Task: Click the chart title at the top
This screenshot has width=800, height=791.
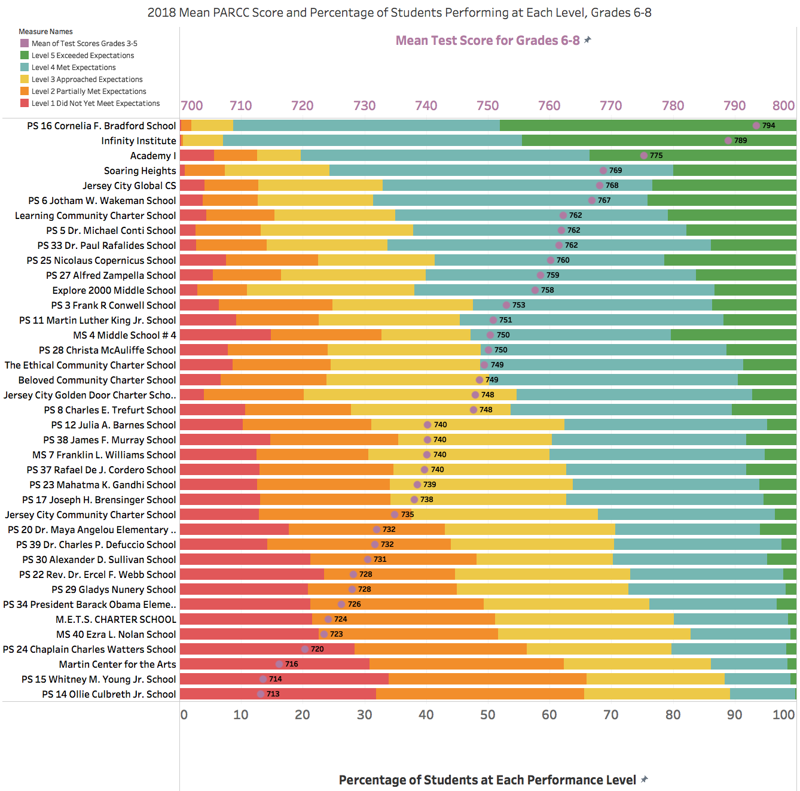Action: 399,13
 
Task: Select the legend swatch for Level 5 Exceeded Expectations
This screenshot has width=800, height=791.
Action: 25,55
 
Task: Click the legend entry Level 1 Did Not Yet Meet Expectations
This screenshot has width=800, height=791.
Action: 95,104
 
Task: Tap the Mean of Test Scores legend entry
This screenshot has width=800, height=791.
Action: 84,44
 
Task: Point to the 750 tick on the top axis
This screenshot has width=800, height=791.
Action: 487,106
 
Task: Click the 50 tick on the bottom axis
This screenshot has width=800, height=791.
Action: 487,714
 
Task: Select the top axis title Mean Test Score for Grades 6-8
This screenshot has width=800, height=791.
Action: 487,41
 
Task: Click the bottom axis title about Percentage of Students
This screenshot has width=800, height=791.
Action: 487,780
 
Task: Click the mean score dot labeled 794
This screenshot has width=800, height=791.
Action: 756,126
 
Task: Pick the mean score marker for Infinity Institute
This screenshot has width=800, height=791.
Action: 728,141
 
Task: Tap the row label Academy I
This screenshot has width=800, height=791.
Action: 153,156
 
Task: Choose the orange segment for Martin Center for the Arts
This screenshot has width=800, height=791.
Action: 466,664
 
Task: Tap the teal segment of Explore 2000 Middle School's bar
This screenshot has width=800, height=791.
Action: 564,290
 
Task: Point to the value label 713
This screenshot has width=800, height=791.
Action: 273,694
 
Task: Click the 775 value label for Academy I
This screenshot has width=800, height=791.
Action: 656,156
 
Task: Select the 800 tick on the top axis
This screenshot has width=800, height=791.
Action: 783,106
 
